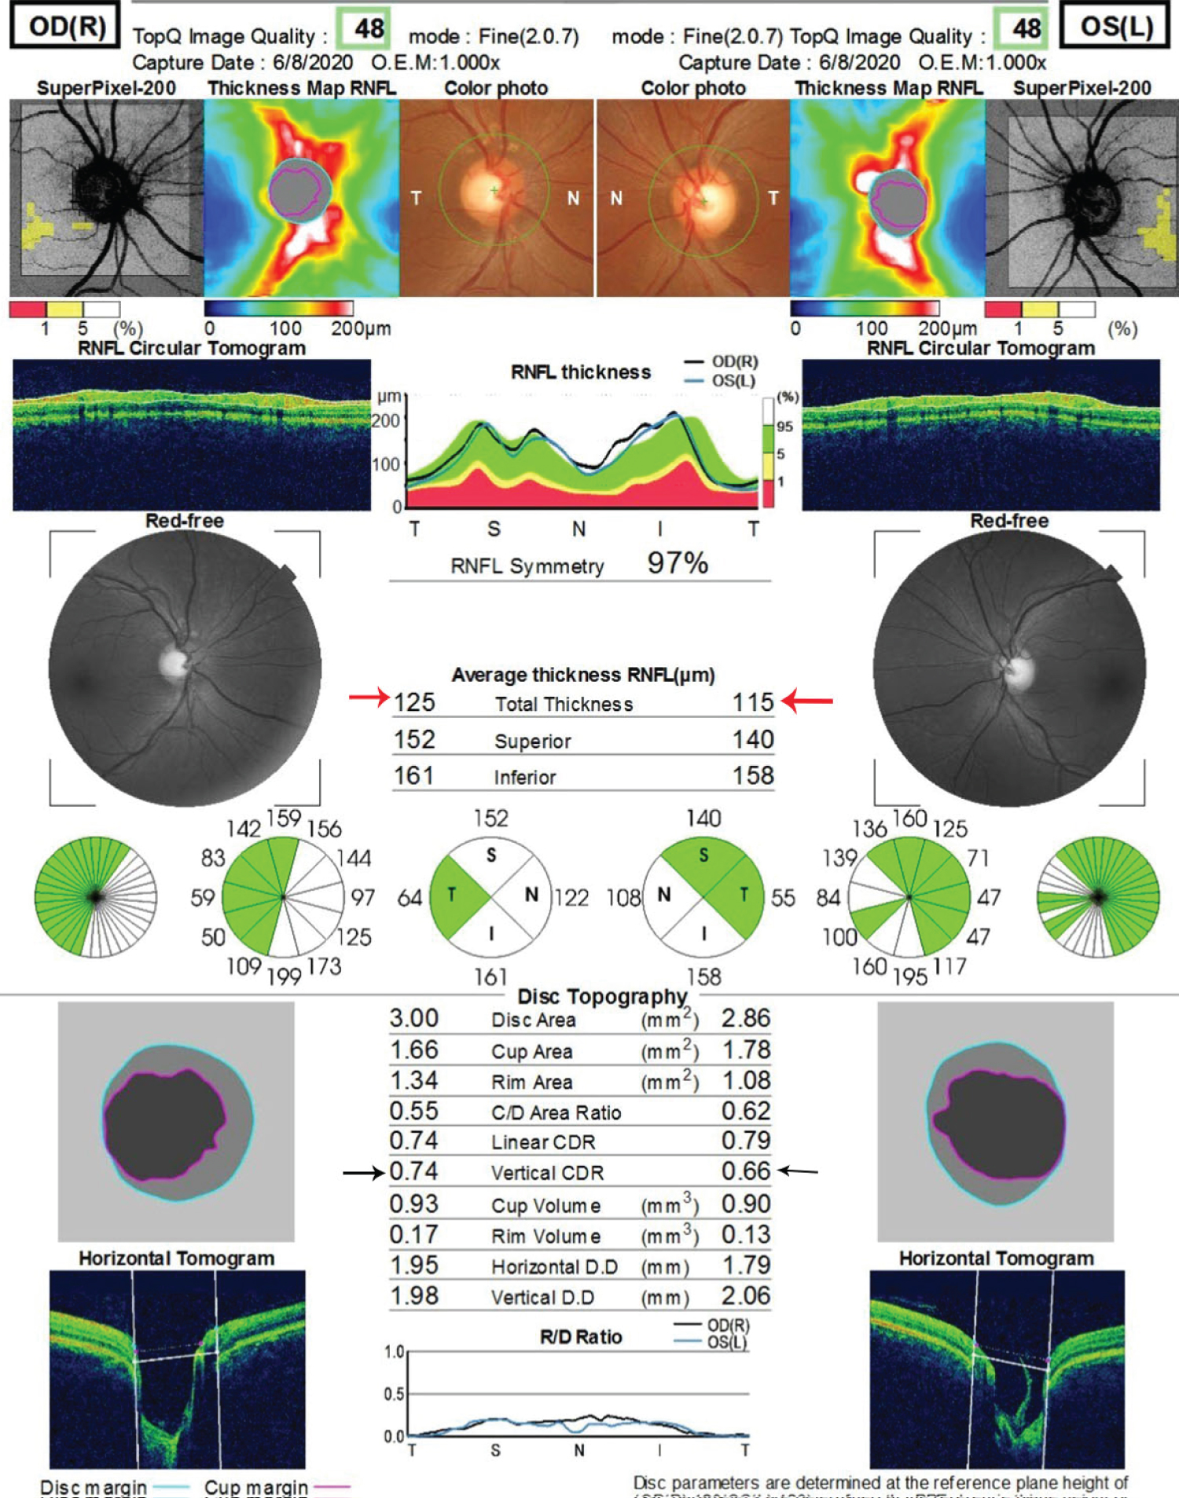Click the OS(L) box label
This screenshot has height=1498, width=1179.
point(1116,27)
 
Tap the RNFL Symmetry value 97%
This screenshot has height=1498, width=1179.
point(678,563)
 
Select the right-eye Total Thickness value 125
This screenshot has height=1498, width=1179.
point(414,702)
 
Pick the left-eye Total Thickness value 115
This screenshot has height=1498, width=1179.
point(753,702)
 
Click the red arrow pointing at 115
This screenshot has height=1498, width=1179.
point(809,700)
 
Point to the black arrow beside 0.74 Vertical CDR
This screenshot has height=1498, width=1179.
point(363,1173)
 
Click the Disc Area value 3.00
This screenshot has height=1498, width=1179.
point(414,1019)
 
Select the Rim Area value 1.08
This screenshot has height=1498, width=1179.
point(746,1081)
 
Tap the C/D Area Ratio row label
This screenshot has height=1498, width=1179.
point(556,1112)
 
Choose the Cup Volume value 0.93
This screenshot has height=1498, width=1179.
point(414,1204)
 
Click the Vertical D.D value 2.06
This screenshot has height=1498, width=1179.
point(746,1296)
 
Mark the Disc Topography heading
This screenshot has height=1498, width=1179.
point(602,997)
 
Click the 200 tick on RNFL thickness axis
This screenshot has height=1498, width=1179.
point(386,421)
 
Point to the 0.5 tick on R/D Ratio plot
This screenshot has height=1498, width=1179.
point(394,1394)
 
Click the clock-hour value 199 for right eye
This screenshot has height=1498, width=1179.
point(284,976)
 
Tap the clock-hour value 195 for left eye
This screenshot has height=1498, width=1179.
point(910,976)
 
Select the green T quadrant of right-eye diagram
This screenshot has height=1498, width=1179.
point(456,896)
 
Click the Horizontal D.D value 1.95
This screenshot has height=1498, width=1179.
point(414,1265)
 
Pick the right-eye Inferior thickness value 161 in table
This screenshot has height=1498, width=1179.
point(413,776)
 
